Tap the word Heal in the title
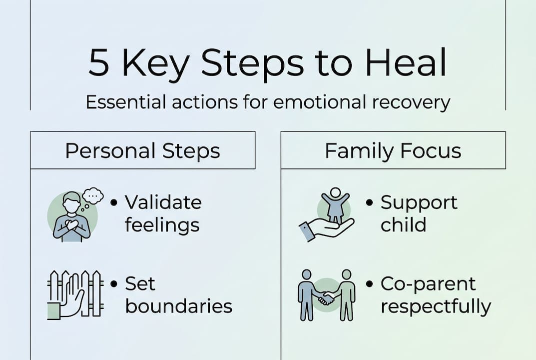[x=406, y=63]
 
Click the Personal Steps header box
[x=143, y=150]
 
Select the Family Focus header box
[x=393, y=150]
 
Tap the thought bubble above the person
[x=92, y=195]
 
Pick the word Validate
[x=163, y=202]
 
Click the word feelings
[x=162, y=225]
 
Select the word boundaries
[x=178, y=306]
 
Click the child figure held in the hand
[x=335, y=204]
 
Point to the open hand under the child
[x=327, y=229]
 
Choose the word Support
[x=419, y=202]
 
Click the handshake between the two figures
[x=327, y=298]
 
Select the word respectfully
[x=436, y=306]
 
